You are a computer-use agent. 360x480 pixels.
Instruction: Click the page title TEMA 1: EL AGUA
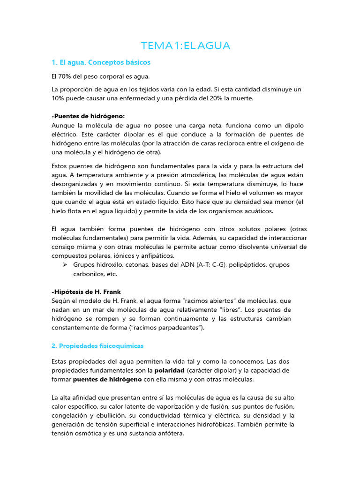click(186, 46)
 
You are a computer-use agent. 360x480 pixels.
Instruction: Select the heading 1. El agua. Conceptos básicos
click(101, 62)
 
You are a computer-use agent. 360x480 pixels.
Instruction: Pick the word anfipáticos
click(155, 255)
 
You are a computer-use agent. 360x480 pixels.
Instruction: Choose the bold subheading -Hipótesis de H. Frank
click(86, 292)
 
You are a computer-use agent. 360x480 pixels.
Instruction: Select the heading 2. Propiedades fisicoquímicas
click(97, 345)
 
